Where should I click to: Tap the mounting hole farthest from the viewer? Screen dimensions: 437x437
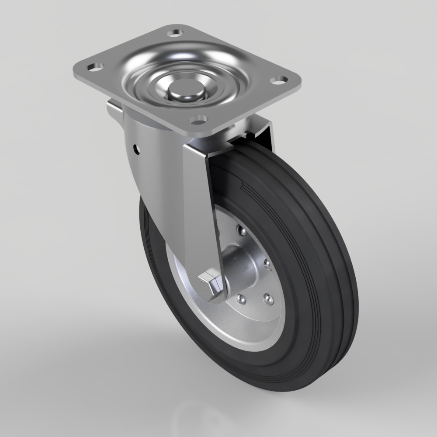tap(175, 33)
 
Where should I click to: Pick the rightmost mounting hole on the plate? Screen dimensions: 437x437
tap(278, 80)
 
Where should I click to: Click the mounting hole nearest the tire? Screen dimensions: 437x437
tap(199, 118)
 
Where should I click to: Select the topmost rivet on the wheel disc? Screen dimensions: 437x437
tap(239, 229)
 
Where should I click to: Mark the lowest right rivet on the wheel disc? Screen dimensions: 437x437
tap(269, 299)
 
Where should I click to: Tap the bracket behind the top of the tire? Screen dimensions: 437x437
tap(262, 131)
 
